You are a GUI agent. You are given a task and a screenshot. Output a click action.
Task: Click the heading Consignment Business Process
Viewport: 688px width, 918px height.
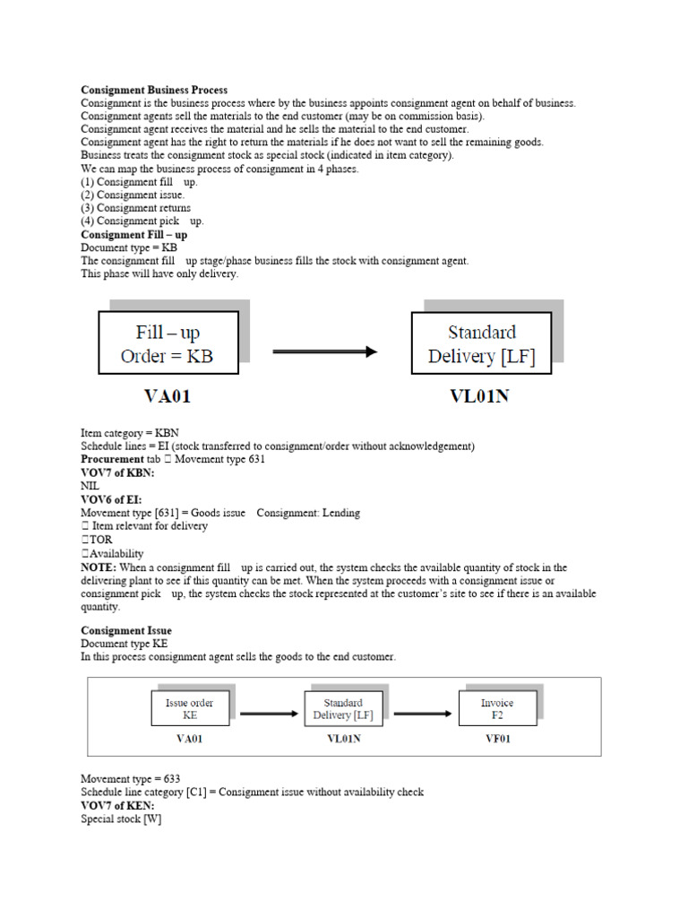(x=154, y=91)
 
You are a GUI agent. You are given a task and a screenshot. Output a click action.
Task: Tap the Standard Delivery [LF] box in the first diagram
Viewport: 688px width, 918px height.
(x=481, y=344)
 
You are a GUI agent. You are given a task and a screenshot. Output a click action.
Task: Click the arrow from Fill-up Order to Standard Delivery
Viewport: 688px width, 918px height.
(x=324, y=351)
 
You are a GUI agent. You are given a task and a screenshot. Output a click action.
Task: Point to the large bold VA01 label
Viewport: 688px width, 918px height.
(x=167, y=394)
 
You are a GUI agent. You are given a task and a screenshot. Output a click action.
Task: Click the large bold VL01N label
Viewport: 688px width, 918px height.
(x=478, y=394)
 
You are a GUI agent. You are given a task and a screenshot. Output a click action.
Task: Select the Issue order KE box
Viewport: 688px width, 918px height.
(x=189, y=709)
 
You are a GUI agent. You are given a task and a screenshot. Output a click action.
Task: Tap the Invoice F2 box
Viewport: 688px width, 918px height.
(x=497, y=709)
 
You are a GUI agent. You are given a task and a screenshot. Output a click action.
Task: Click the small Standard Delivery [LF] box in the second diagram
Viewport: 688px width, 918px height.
(x=343, y=709)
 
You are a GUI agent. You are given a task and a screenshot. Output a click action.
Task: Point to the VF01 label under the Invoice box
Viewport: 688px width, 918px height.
(x=498, y=740)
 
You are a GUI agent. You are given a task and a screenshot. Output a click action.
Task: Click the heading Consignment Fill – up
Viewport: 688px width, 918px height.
(x=134, y=234)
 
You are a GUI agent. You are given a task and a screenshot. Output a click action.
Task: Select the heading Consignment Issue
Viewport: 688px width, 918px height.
(x=126, y=631)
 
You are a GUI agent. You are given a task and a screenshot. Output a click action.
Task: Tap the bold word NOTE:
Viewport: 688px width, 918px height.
(x=99, y=567)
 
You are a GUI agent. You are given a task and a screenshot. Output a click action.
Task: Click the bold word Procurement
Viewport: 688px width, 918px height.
(x=112, y=459)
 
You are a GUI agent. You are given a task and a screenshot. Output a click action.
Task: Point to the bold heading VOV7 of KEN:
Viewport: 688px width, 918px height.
(x=117, y=805)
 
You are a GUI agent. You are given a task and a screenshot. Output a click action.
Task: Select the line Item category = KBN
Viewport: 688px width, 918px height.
(x=130, y=433)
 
